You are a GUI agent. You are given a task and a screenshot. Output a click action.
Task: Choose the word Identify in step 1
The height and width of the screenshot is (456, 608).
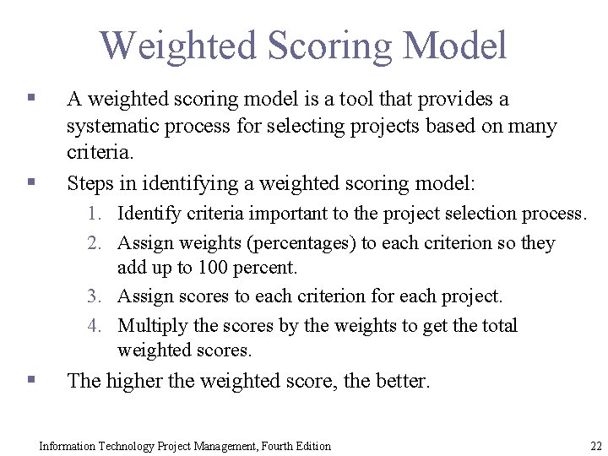coord(149,214)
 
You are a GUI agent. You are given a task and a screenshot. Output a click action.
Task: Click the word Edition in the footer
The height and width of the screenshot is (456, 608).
coord(312,446)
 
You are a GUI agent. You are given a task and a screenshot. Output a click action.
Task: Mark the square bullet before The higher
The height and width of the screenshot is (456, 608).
coord(30,380)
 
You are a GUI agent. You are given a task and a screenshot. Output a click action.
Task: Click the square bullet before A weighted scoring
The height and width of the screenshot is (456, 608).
coord(30,99)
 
